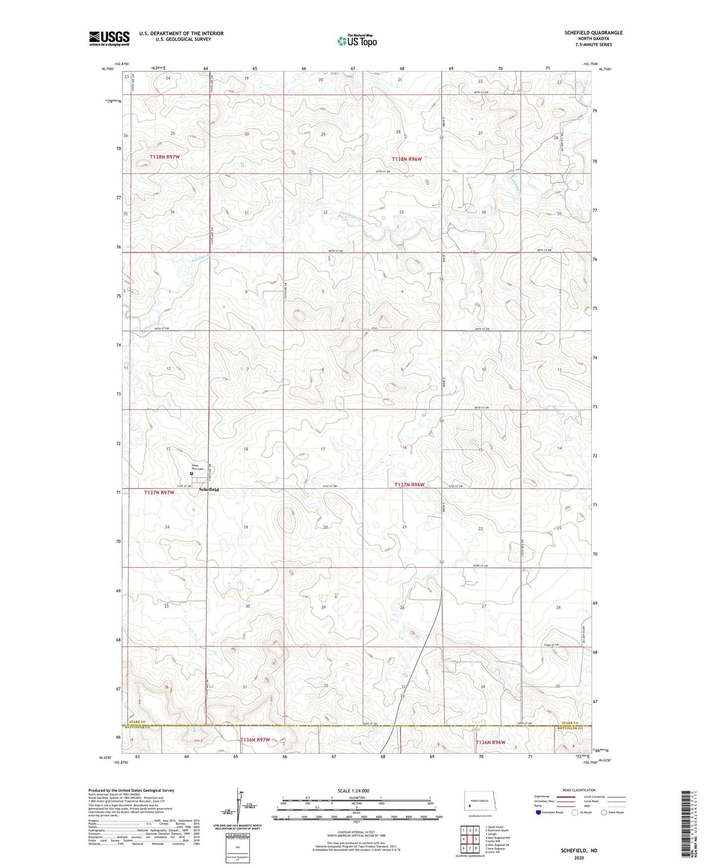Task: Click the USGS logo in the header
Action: point(109,38)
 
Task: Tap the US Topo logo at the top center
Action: point(356,41)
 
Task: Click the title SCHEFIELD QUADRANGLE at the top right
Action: point(593,33)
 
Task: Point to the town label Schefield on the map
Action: point(208,490)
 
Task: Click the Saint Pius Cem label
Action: point(198,467)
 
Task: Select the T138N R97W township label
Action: point(164,157)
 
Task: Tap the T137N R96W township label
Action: point(409,484)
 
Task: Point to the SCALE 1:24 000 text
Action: point(353,790)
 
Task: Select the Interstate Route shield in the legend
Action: point(539,812)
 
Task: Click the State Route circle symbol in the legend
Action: point(604,812)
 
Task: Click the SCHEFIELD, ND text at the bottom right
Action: point(579,851)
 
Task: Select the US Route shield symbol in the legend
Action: point(574,812)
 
